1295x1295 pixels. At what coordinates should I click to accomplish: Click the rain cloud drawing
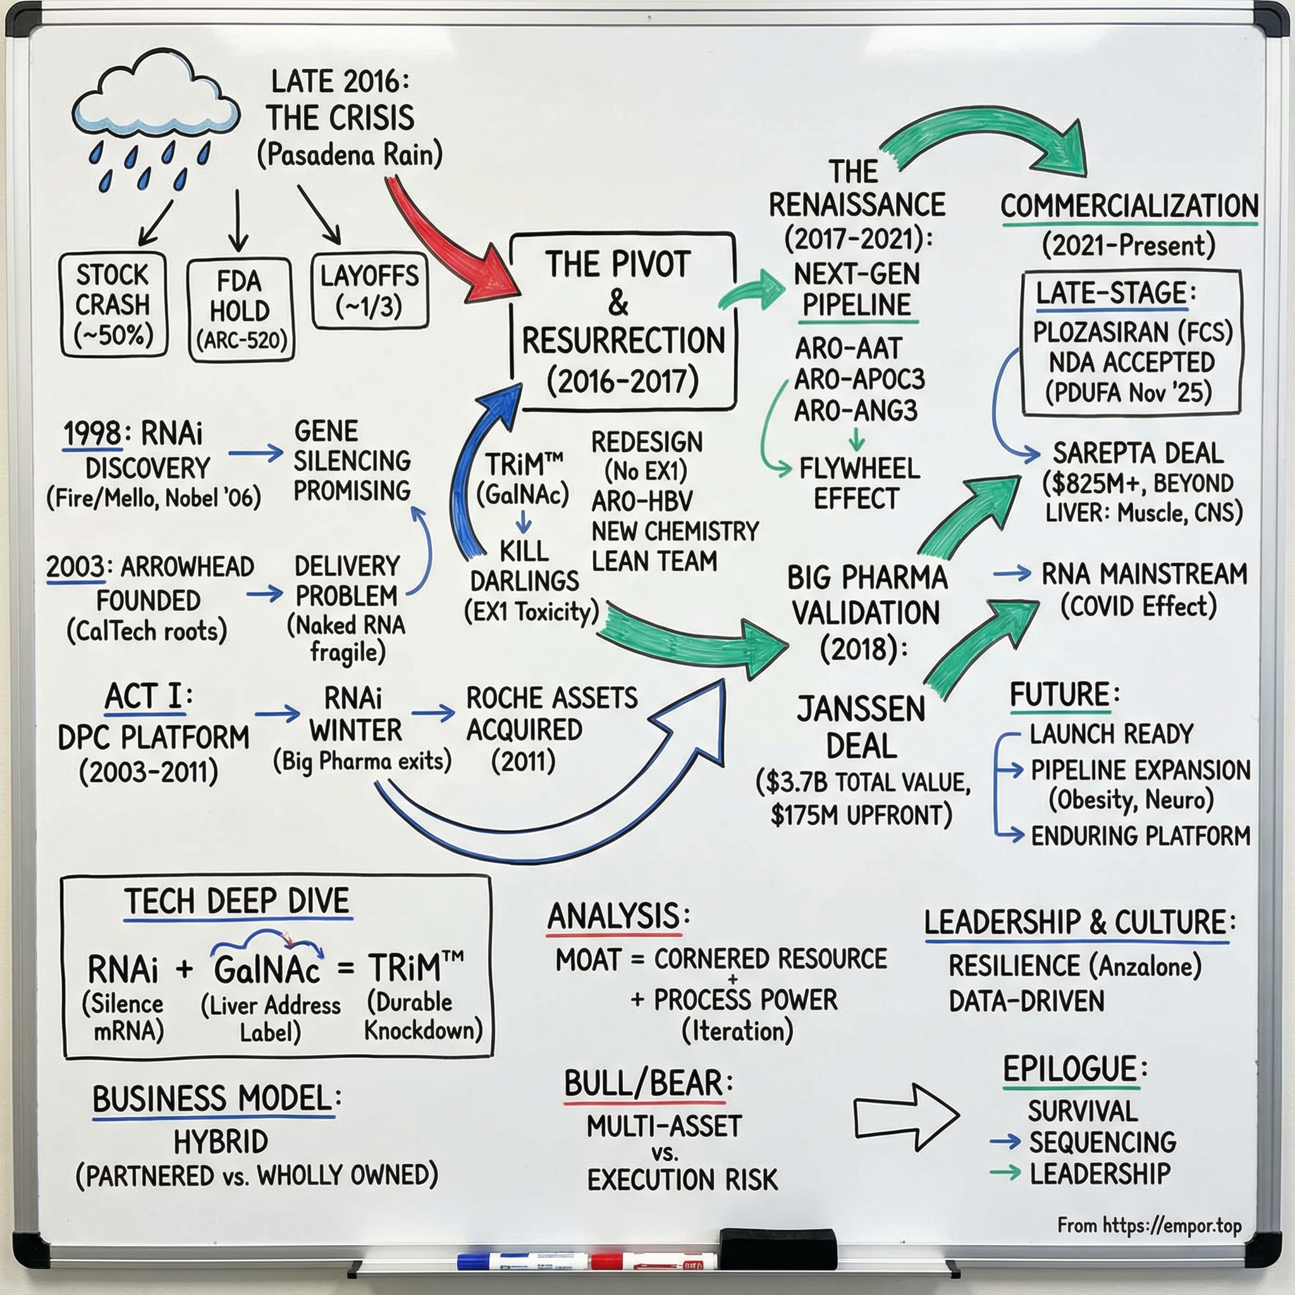(156, 101)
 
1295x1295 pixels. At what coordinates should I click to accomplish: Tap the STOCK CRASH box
(113, 304)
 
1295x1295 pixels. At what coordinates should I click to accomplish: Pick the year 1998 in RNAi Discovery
(92, 434)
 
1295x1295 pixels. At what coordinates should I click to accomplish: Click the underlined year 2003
(75, 567)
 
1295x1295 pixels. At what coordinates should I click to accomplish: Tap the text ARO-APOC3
(859, 379)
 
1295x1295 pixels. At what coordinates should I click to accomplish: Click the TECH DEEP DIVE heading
(237, 901)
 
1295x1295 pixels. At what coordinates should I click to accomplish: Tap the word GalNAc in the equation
(266, 969)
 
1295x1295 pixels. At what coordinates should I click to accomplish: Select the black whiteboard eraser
(778, 1249)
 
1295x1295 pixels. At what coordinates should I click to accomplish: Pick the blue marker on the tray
(523, 1261)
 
